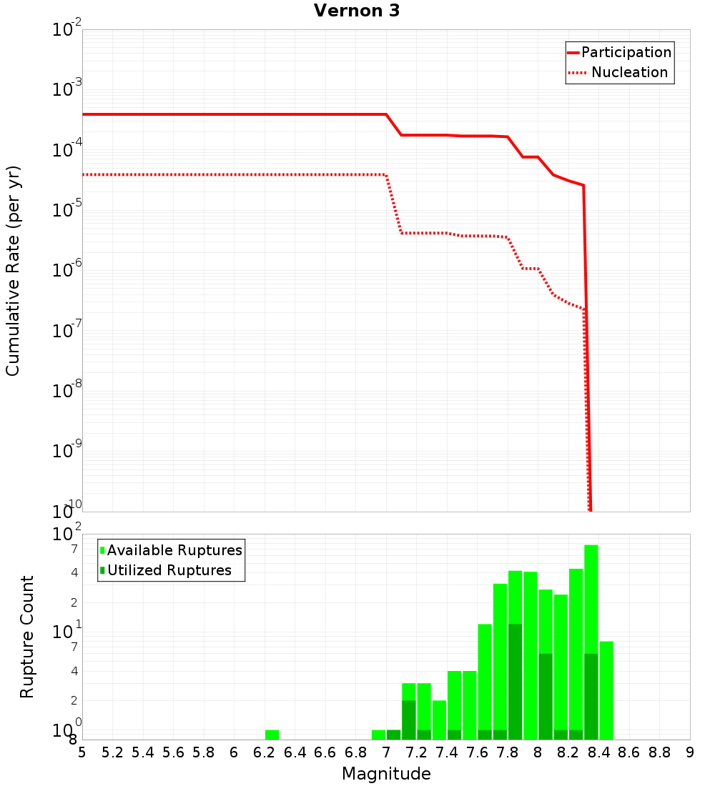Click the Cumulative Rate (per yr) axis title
[x=13, y=270]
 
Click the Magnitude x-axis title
[x=386, y=774]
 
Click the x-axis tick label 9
[x=690, y=752]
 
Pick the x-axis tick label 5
[x=82, y=752]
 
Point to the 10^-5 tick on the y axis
[x=67, y=210]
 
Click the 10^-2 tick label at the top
[x=67, y=30]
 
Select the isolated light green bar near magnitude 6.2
[x=272, y=735]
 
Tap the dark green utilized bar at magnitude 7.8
[x=515, y=682]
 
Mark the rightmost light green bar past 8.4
[x=606, y=690]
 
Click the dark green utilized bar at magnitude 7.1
[x=408, y=720]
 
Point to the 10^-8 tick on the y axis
[x=67, y=391]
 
